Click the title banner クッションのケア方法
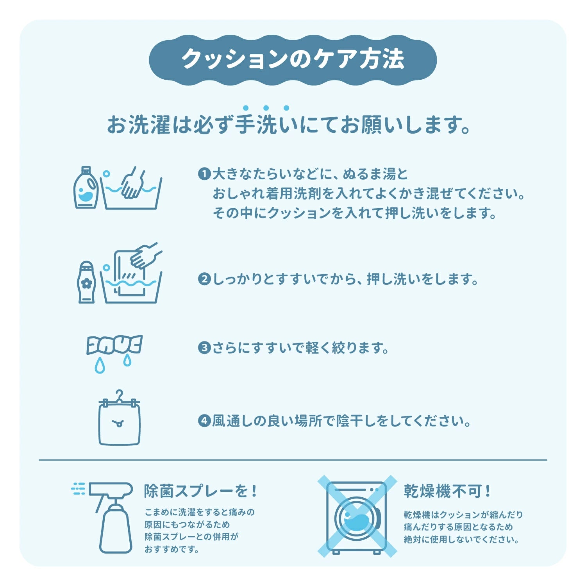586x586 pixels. point(293,60)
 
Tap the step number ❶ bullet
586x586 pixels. point(204,174)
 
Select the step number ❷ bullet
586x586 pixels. point(204,279)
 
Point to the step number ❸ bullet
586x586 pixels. point(204,348)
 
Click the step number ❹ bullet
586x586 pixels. point(204,421)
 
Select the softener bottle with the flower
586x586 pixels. point(86,282)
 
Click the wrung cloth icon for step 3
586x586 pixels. point(114,345)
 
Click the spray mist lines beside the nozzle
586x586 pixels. point(78,489)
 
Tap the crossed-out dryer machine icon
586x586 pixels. point(357,516)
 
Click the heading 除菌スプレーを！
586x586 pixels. point(201,491)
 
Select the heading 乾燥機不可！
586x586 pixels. point(447,491)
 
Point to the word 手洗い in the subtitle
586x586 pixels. point(266,125)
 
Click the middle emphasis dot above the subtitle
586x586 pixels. point(266,108)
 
